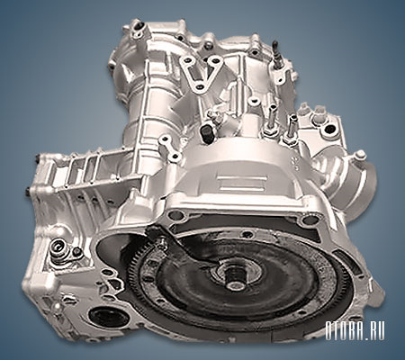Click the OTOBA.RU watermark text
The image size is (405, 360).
355,331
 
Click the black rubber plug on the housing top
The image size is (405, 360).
205,133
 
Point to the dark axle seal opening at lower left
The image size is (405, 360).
108,318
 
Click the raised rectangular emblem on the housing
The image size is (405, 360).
242,183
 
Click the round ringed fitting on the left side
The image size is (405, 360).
58,248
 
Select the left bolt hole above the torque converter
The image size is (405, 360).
176,215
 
